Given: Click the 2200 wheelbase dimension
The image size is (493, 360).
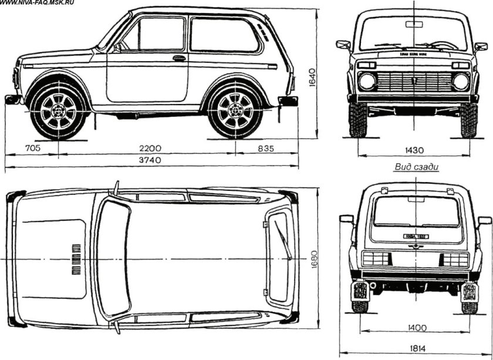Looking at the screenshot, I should [x=147, y=149].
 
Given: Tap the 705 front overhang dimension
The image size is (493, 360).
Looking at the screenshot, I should [x=33, y=149].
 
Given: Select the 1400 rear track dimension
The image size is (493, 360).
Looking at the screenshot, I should [x=415, y=328].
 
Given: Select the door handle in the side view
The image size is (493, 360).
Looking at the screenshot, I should [x=179, y=58].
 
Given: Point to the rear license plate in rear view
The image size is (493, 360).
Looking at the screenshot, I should [x=416, y=236].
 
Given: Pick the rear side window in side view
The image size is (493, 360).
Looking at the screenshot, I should [x=223, y=35].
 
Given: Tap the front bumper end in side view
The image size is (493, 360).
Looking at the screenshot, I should [x=12, y=100].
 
